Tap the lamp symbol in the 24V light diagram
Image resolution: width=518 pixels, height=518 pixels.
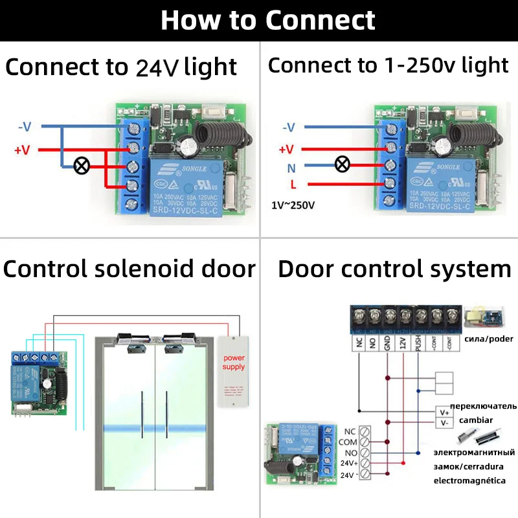point(82,166)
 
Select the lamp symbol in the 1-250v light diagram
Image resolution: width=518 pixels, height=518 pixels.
point(343,165)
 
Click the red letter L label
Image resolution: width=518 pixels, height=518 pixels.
point(293,185)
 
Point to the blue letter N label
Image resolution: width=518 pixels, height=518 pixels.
point(291,167)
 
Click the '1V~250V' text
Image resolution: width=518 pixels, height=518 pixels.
point(293,205)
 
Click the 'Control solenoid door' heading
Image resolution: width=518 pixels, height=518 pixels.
point(129,269)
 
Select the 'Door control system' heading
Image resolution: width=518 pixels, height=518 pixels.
point(394,269)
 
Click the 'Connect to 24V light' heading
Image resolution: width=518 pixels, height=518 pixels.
point(121,67)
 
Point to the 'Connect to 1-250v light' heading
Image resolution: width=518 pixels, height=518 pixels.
point(388,65)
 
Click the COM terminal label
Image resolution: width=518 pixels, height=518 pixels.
point(347,442)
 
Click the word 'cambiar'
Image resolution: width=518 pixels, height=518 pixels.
point(476,420)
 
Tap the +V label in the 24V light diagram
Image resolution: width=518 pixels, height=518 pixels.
point(22,150)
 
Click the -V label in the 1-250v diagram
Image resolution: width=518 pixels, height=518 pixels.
point(287,128)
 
